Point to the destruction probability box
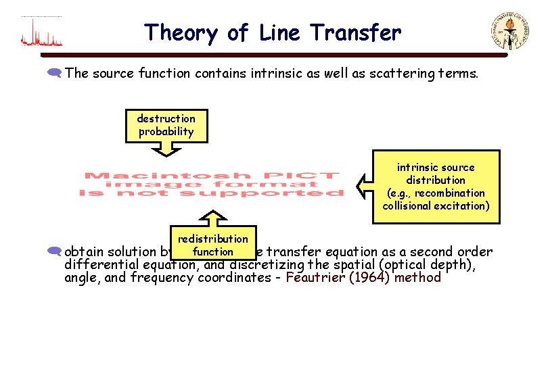(166, 126)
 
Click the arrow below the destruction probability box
(166, 154)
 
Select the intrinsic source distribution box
(436, 187)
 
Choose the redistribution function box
(213, 245)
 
